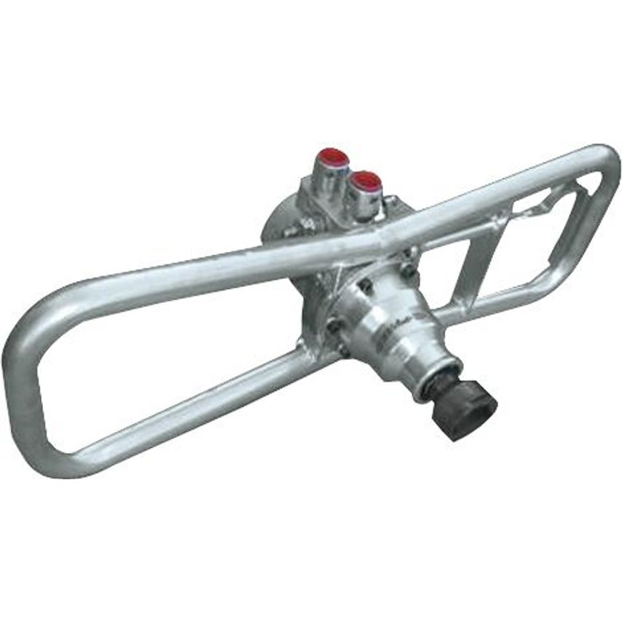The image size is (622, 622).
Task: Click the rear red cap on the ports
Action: pos(332,157)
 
